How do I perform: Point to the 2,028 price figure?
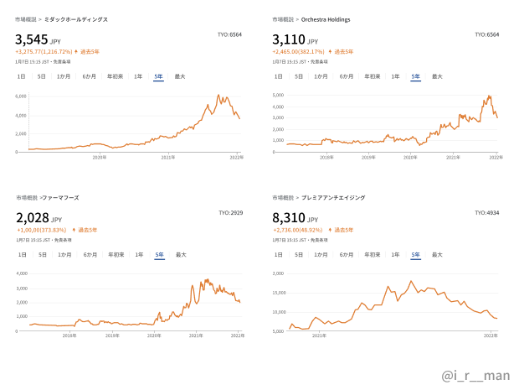pos(32,217)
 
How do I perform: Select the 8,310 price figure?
pos(289,217)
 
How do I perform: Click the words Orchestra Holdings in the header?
pos(323,19)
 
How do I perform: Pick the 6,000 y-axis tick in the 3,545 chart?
pos(23,96)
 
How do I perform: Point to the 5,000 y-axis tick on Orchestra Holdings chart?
pos(279,95)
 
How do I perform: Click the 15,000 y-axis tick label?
pos(278,293)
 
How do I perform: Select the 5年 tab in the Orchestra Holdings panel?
pos(415,76)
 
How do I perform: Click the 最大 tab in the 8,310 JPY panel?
pos(437,254)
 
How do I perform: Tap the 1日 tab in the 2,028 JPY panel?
pos(23,254)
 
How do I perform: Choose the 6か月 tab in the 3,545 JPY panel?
pos(89,76)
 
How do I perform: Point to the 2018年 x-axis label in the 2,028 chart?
pos(70,335)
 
